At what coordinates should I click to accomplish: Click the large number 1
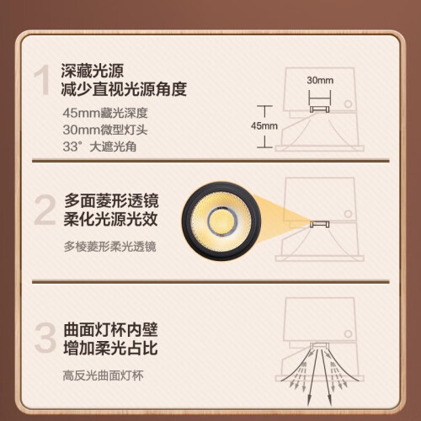[x=42, y=80]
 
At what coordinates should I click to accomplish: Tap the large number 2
[x=45, y=210]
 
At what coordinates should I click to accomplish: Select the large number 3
[x=45, y=338]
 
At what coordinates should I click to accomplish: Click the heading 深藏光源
[x=93, y=71]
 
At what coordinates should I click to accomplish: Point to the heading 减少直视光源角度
[x=124, y=89]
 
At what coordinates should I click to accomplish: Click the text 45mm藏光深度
[x=105, y=113]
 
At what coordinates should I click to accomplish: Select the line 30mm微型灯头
[x=105, y=130]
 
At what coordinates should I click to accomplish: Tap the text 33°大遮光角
[x=99, y=147]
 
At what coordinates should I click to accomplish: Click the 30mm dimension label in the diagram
[x=320, y=80]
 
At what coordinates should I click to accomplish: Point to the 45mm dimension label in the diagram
[x=264, y=125]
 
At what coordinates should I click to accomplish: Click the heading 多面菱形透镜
[x=111, y=200]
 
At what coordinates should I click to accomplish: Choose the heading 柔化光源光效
[x=111, y=219]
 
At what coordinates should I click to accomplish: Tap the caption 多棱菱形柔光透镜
[x=109, y=247]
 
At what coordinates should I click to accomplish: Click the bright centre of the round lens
[x=222, y=220]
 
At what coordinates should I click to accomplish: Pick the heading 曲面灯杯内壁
[x=110, y=329]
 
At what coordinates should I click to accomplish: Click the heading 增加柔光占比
[x=110, y=348]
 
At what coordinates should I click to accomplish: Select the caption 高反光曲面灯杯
[x=104, y=376]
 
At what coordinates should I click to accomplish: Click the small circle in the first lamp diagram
[x=348, y=104]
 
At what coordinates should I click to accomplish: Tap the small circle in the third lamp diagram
[x=348, y=334]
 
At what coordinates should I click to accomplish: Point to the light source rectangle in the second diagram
[x=319, y=224]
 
